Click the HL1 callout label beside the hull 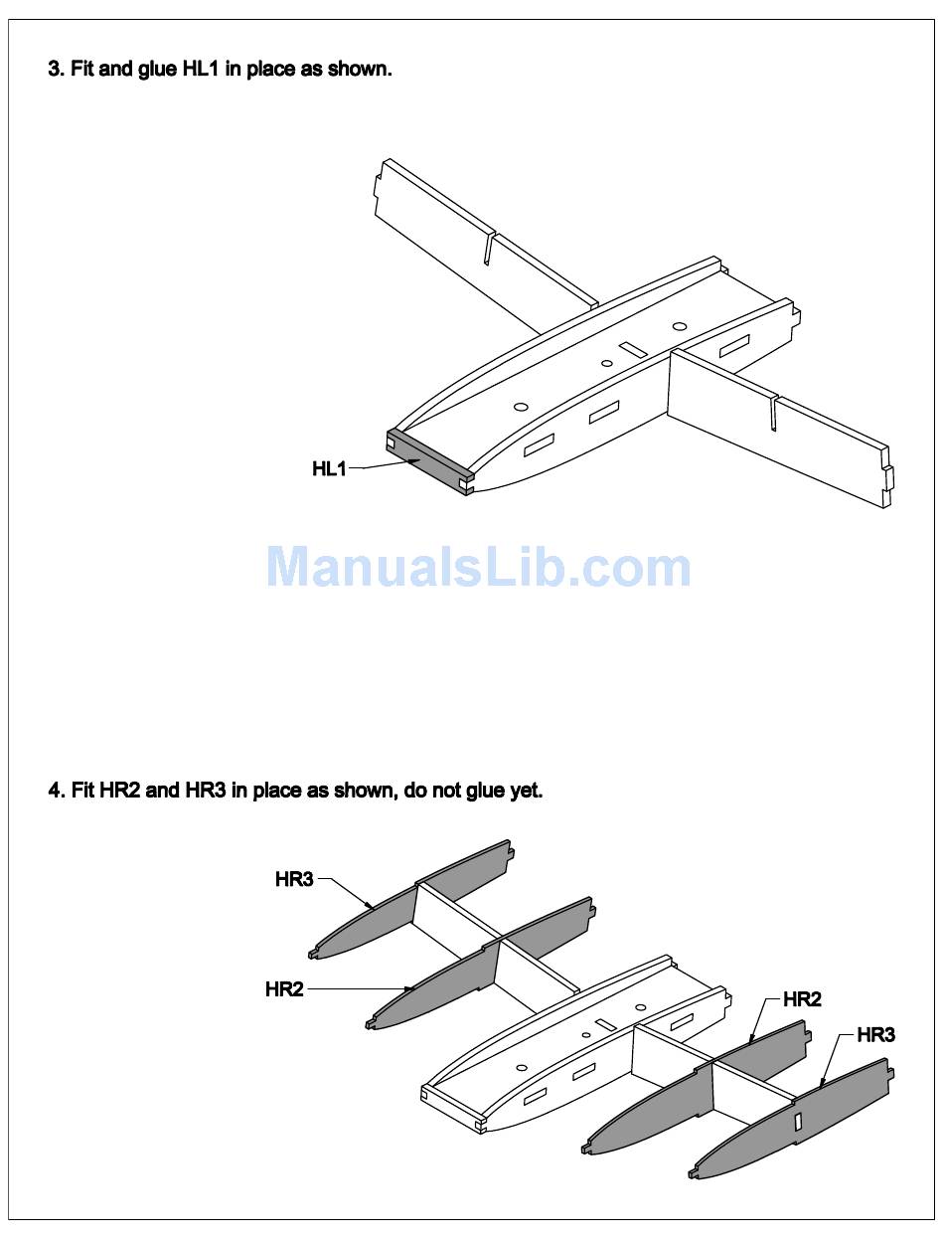329,468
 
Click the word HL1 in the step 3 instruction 200,70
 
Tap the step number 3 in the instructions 54,70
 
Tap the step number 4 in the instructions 54,791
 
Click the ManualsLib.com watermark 478,567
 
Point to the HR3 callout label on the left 294,879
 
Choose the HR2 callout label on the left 284,989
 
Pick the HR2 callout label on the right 802,999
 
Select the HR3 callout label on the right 875,1035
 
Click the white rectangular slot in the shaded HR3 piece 797,1122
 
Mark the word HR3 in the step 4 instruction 206,791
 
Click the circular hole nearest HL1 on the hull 521,406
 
